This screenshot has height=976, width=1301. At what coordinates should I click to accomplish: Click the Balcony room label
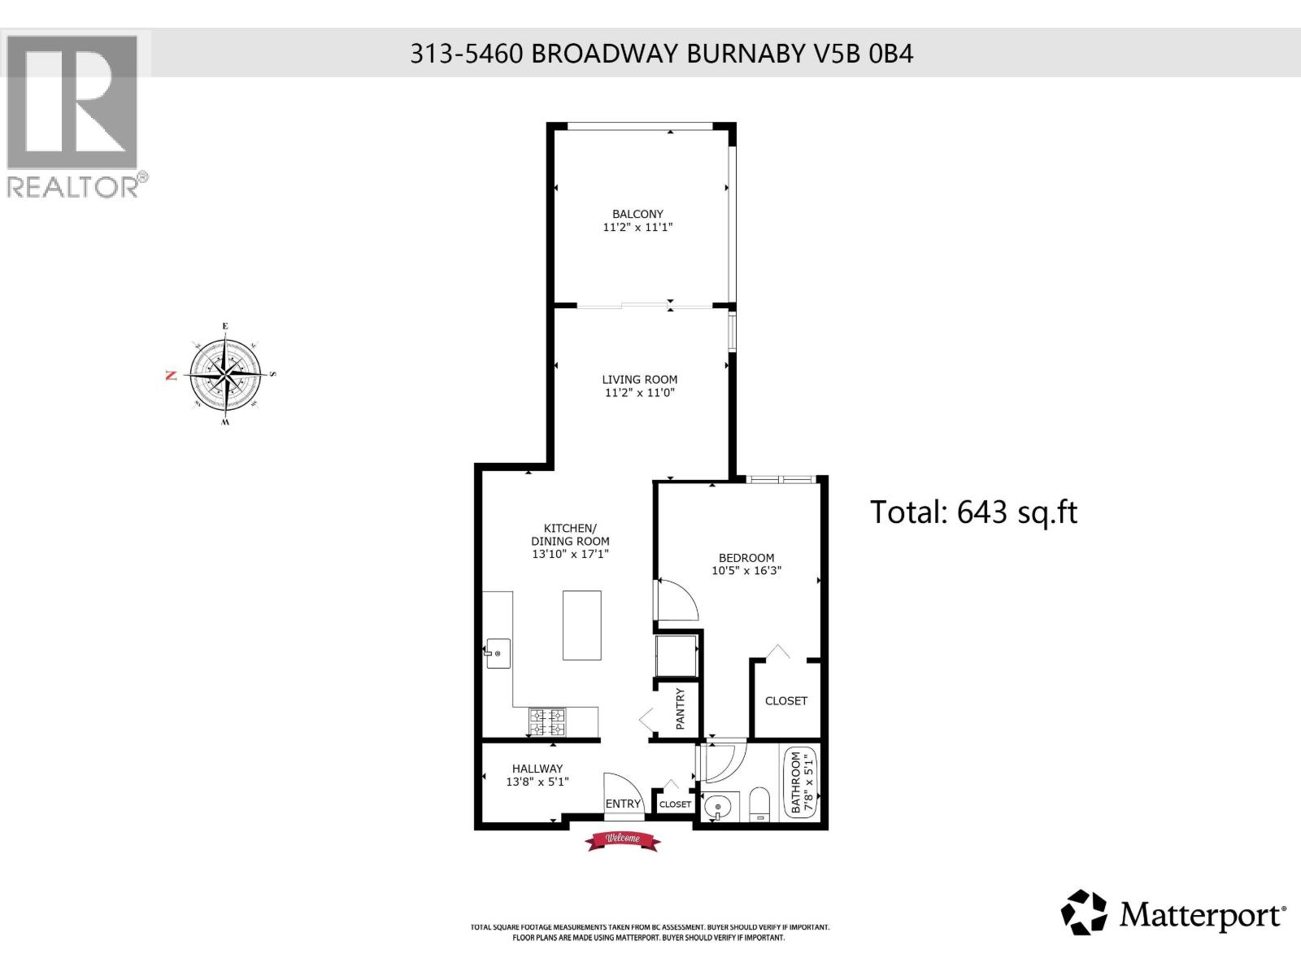click(637, 214)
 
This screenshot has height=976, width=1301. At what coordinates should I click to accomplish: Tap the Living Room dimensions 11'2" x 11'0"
click(640, 393)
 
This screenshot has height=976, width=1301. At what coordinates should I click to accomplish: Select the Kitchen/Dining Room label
click(570, 534)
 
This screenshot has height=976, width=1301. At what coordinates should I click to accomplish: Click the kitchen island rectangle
click(582, 625)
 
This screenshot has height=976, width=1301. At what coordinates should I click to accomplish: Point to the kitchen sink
click(498, 653)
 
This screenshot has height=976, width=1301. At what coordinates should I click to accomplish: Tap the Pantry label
click(681, 708)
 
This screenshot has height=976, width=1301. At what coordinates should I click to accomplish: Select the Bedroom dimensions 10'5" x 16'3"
click(746, 571)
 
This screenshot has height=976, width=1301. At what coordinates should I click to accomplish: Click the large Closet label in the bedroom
click(785, 700)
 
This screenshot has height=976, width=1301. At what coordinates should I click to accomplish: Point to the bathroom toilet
click(759, 804)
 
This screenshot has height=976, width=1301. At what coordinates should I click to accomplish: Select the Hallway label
click(537, 768)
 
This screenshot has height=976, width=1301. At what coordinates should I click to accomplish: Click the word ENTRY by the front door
click(624, 804)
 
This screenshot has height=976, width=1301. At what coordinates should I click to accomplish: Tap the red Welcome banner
click(623, 840)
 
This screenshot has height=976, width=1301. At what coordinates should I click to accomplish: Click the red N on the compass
click(171, 375)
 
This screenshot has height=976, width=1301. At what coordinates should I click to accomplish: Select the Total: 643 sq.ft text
click(973, 512)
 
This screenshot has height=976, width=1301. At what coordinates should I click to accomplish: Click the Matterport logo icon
click(1084, 913)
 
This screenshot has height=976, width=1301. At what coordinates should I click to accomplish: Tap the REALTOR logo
click(74, 114)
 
